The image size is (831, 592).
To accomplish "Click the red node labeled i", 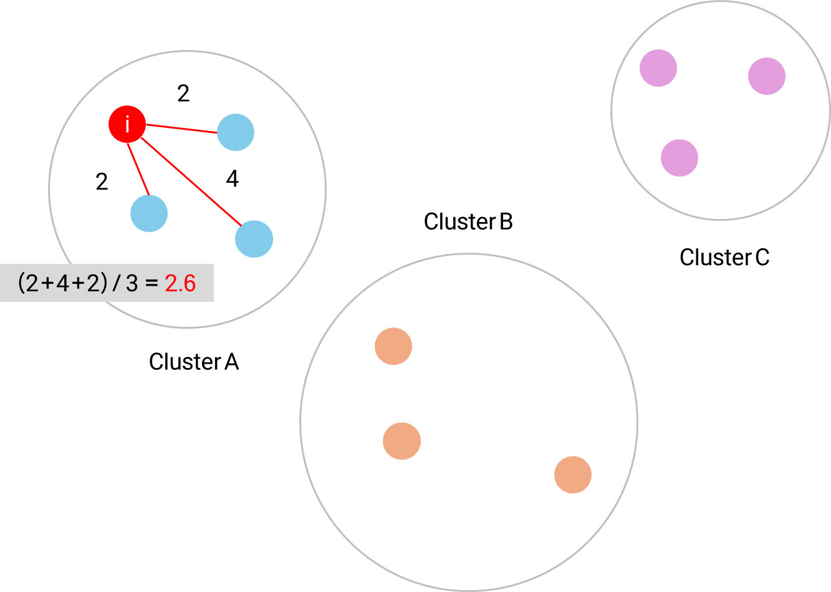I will tap(127, 125).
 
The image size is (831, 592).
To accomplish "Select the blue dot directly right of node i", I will tap(236, 132).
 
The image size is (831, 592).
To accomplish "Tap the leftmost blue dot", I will tap(149, 213).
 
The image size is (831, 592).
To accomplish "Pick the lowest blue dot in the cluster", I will tap(254, 239).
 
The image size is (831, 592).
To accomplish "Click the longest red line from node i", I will tap(191, 181).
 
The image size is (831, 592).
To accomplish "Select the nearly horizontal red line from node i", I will tap(181, 129).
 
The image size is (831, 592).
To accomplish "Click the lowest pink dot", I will tap(680, 158).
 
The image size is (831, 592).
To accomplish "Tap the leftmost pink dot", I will tap(658, 68).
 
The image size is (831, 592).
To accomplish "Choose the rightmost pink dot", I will tap(767, 76).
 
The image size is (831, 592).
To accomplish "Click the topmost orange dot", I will tap(393, 346).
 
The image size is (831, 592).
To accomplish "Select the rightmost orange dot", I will tap(573, 475).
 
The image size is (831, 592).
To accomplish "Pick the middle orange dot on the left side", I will tap(401, 441).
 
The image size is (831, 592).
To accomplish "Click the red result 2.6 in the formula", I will tap(180, 284).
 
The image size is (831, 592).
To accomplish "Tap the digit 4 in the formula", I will tap(63, 284).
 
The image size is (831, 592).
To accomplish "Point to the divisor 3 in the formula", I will tap(132, 284).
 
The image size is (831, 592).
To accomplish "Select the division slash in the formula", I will tap(117, 284).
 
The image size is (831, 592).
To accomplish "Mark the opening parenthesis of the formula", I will tap(22, 284).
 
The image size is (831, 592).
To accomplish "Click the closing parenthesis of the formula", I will tap(103, 284).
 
